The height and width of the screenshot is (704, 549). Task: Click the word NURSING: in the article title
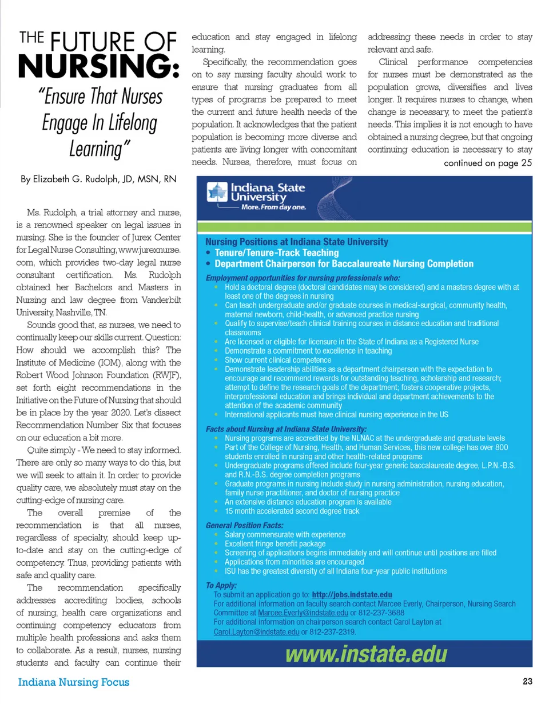coord(98,67)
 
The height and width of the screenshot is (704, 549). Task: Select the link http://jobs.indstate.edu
coord(352,595)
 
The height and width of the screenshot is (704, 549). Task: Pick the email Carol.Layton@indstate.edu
coord(256,631)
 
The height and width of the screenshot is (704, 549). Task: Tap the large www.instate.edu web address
coord(366,654)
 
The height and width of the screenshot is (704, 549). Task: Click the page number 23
coord(527,681)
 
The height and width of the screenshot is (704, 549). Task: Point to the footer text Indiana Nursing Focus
coord(74,682)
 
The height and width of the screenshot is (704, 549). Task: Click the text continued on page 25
coord(488,163)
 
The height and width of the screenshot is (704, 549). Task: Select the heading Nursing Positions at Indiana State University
coord(296,242)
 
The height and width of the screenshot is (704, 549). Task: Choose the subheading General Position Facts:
coord(245,525)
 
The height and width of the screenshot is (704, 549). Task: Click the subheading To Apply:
coord(221,585)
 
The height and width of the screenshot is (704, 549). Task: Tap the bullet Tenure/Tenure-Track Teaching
coord(277,253)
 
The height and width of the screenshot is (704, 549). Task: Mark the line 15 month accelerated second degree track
coord(292,511)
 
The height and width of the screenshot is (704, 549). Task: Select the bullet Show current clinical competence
coord(278,360)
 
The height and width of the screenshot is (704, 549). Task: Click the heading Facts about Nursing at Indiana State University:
coord(286,429)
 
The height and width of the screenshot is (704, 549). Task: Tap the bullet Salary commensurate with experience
coord(285,534)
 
